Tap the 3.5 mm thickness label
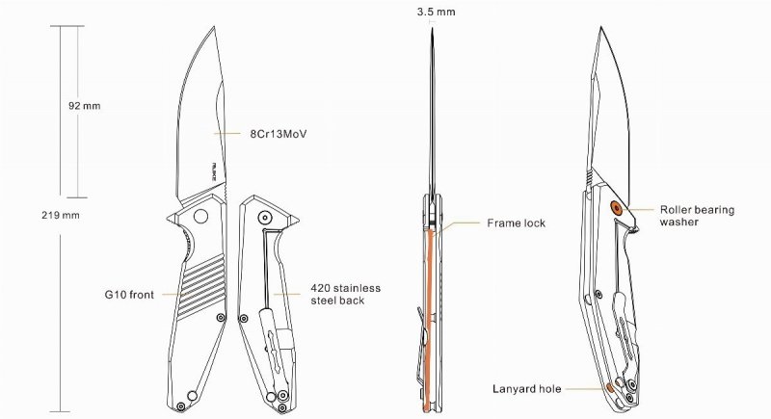tap(437, 13)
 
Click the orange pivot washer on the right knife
tap(617, 205)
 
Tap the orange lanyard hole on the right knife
tap(609, 388)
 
